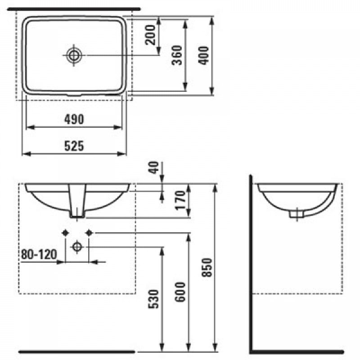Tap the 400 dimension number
pos(205,55)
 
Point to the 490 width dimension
pos(74,119)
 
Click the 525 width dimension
pos(74,146)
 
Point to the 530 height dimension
pos(154,299)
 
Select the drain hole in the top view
pos(73,55)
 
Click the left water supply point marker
pos(66,233)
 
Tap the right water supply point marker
pos(89,233)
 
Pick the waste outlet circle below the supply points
pos(77,247)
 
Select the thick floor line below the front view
pos(76,350)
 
